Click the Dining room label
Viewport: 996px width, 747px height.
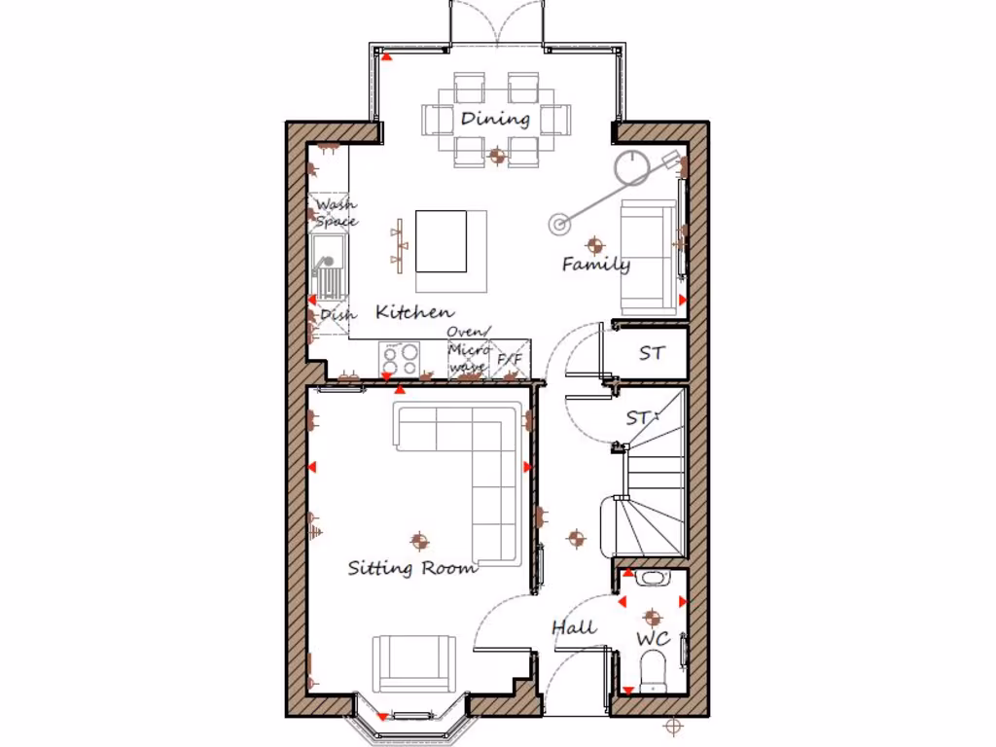(x=495, y=119)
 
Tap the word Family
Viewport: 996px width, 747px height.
(x=595, y=264)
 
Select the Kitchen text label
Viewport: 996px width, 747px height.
(x=414, y=312)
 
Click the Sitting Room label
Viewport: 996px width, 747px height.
(x=412, y=568)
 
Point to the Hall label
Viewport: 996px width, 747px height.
(x=574, y=627)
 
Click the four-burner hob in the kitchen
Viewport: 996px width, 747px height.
(x=399, y=359)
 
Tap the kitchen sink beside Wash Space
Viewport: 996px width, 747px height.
(x=328, y=271)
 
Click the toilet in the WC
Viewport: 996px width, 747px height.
(x=653, y=671)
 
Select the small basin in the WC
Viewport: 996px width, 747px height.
(x=652, y=578)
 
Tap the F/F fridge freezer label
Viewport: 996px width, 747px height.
(x=510, y=360)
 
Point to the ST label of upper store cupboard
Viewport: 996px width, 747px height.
(x=652, y=353)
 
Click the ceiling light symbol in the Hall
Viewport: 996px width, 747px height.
(x=577, y=537)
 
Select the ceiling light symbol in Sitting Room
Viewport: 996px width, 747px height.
(x=419, y=540)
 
